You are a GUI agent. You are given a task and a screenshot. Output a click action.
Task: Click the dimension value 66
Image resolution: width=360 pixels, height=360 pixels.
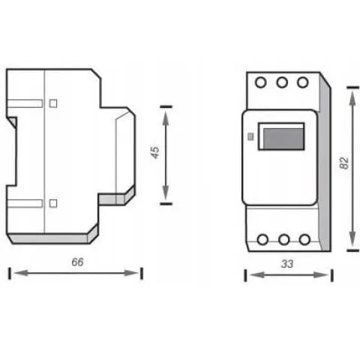point(77,262)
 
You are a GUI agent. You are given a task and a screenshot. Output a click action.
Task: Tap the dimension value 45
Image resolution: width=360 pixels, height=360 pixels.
point(155,152)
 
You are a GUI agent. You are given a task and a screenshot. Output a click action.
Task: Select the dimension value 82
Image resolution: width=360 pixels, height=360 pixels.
point(344,163)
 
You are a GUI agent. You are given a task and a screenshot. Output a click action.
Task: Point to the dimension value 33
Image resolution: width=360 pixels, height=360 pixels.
point(287,264)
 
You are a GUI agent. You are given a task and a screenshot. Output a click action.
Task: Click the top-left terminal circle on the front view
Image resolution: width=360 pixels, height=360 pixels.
point(261,82)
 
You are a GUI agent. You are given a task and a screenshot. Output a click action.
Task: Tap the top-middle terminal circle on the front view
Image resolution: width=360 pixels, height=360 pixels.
point(282,82)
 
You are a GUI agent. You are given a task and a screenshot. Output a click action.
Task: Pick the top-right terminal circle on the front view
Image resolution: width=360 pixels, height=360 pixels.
point(303,82)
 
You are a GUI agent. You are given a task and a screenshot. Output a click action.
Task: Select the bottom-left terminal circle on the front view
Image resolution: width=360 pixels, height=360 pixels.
point(262,239)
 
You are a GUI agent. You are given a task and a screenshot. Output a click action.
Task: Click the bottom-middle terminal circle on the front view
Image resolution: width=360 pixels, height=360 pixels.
point(283,239)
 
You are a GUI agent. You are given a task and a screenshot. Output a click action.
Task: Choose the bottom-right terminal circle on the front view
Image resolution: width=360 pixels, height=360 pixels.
point(304,239)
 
